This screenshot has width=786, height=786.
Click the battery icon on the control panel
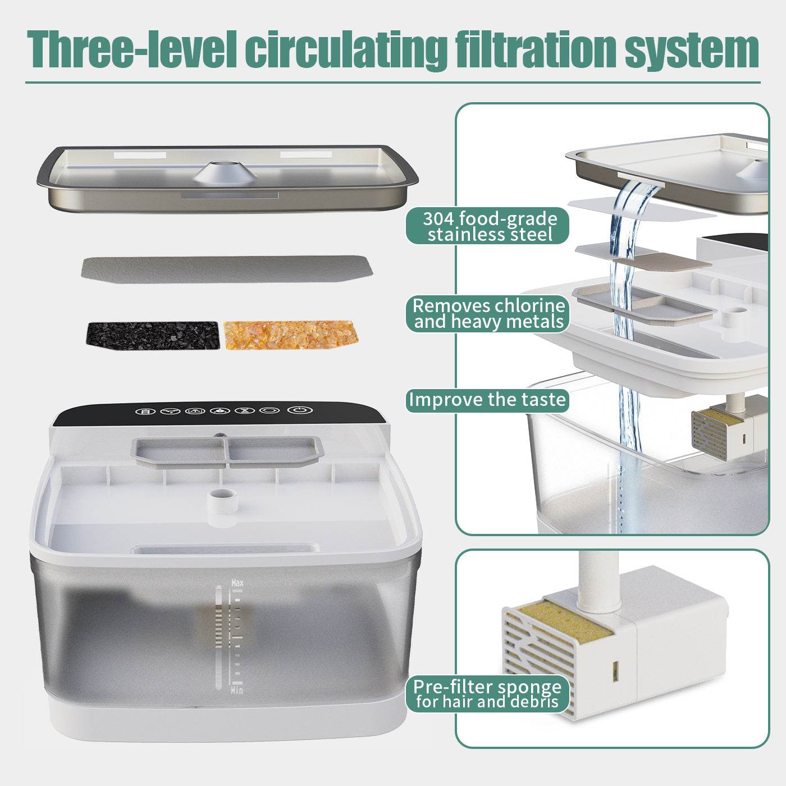(145, 411)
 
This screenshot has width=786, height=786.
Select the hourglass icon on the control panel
(244, 411)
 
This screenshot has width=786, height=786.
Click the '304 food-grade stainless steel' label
(487, 226)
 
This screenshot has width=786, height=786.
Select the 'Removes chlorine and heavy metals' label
(487, 314)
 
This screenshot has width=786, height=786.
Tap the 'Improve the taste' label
(487, 400)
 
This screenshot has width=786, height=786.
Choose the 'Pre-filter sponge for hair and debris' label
(487, 694)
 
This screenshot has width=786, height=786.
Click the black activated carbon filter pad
(152, 335)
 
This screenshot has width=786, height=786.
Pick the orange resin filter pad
(290, 335)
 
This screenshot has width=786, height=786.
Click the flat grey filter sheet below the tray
(227, 269)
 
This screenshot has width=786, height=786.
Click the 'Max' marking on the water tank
(237, 583)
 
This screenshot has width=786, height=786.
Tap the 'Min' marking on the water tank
(237, 690)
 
